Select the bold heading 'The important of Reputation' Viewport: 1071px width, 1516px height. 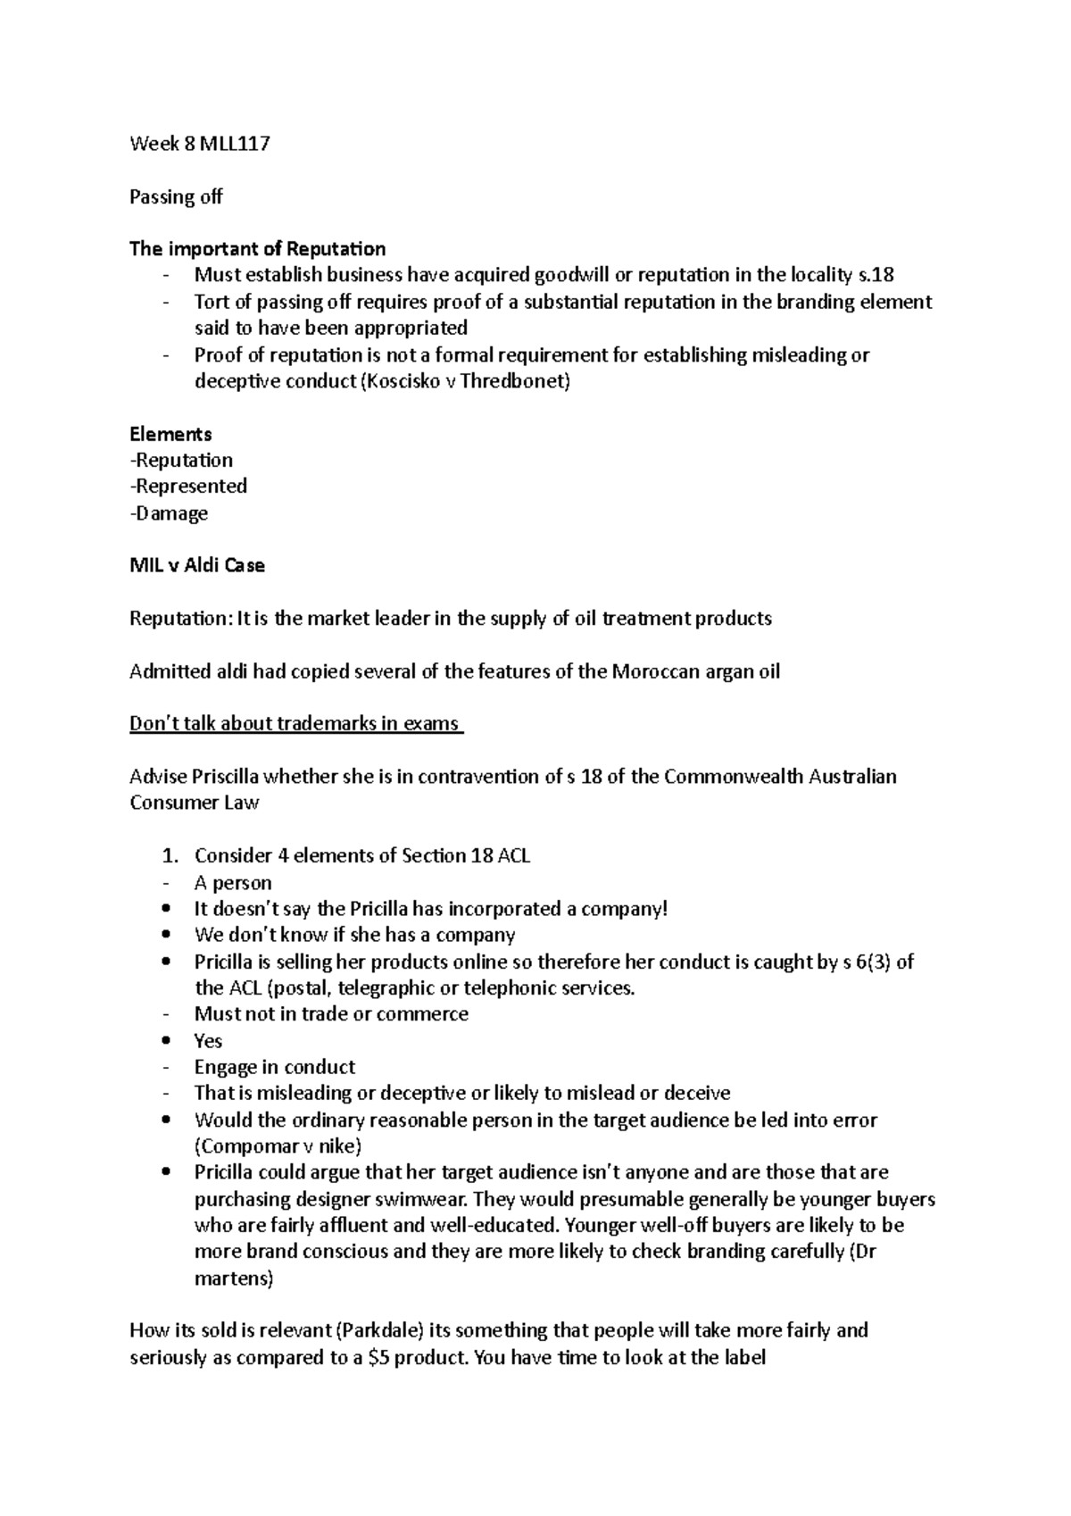point(257,248)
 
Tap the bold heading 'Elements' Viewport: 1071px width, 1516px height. point(170,434)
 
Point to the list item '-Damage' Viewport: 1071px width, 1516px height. point(169,513)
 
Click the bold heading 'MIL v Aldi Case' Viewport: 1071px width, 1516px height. point(196,566)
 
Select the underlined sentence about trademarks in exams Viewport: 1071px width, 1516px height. point(295,724)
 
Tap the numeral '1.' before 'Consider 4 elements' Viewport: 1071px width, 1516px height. point(170,856)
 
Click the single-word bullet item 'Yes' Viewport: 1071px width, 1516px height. point(208,1041)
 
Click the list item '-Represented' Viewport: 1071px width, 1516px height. point(188,487)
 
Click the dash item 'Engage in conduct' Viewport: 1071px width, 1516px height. point(274,1068)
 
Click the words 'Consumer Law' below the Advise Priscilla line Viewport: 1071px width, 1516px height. point(194,803)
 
